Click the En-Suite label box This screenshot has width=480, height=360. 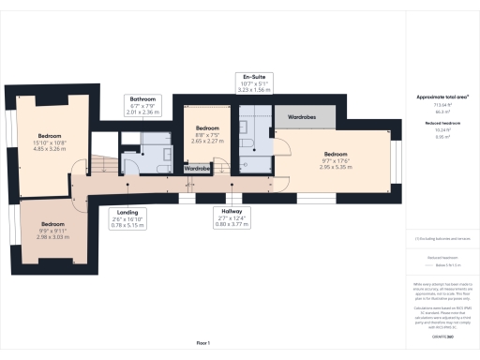(x=256, y=82)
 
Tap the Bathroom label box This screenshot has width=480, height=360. (x=143, y=104)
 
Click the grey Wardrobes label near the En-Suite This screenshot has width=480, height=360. (x=300, y=118)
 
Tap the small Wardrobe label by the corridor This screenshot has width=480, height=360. (x=198, y=170)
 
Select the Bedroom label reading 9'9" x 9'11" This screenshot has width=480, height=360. (x=52, y=230)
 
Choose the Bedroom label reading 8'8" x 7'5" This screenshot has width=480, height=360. (x=207, y=131)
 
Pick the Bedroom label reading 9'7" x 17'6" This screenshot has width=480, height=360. (x=336, y=158)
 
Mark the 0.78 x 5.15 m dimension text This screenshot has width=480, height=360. (x=125, y=226)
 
